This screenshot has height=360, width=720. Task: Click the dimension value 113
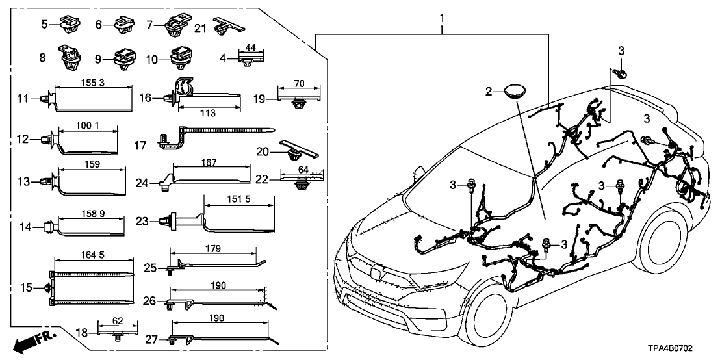pos(207,114)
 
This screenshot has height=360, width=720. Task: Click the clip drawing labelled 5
pos(69,25)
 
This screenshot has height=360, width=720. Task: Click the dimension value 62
pos(118,320)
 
